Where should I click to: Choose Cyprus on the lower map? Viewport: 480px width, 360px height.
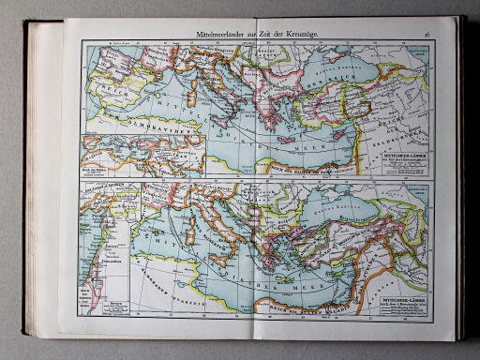[349, 277]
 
